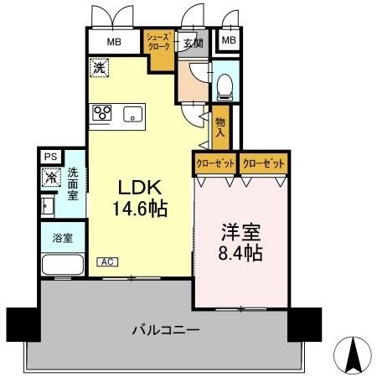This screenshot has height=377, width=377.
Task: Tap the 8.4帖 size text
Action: tap(240, 250)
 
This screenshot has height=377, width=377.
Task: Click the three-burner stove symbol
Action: tap(103, 114)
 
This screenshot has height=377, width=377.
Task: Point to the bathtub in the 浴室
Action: tap(61, 266)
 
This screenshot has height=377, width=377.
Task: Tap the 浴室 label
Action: tap(62, 237)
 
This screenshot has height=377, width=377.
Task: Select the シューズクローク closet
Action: tap(158, 43)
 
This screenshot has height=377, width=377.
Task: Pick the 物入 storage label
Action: tap(220, 125)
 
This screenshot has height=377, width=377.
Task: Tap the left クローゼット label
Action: tap(215, 163)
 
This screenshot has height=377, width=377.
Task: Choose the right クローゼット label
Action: tap(263, 163)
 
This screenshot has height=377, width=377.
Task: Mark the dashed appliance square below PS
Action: tap(51, 177)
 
